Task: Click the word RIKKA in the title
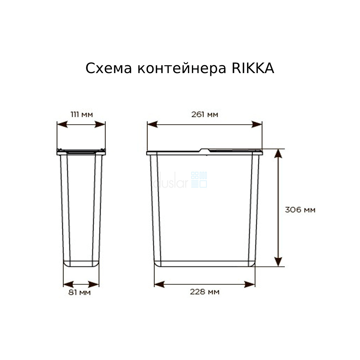[253, 68]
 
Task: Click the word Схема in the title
[109, 68]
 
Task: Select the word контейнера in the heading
[182, 68]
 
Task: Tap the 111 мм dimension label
[82, 114]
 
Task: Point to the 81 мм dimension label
[80, 292]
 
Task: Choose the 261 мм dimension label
[204, 114]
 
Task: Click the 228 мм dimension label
[204, 292]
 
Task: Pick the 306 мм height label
[300, 210]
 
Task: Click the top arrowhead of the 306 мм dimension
[278, 153]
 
